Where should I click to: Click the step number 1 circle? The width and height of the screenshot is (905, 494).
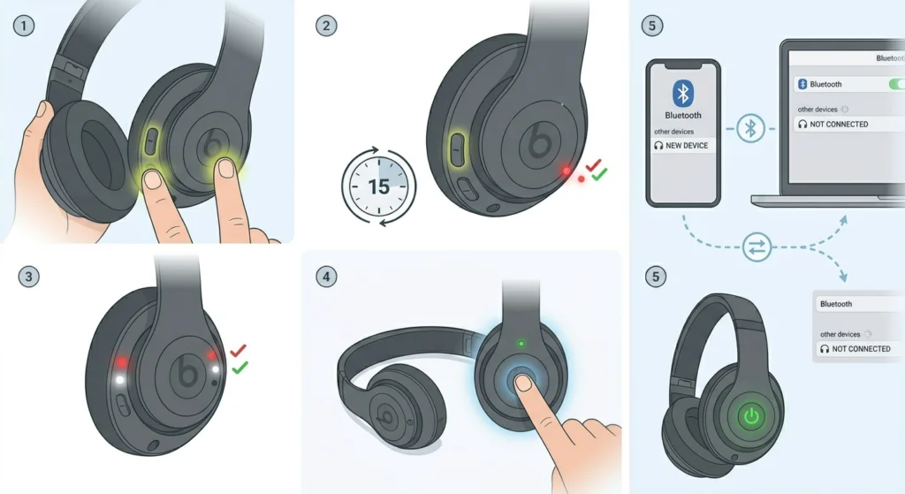click(x=24, y=26)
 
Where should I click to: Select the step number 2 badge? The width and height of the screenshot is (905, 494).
click(x=326, y=26)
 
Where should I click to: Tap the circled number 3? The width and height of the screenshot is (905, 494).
click(x=29, y=277)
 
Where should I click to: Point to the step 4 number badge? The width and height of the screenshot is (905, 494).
click(x=326, y=277)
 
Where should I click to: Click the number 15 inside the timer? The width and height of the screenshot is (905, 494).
click(x=378, y=187)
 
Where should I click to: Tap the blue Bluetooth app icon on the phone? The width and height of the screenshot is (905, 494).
click(x=683, y=92)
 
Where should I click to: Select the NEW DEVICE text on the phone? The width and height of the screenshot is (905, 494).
click(x=687, y=146)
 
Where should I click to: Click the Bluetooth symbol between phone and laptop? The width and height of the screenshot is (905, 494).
click(x=750, y=128)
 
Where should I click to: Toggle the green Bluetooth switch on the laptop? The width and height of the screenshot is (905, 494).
click(x=896, y=84)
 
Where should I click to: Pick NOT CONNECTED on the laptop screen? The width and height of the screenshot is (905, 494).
click(x=839, y=124)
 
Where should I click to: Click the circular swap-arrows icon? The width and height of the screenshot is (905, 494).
click(x=757, y=247)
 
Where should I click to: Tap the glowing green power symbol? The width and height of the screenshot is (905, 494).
click(x=751, y=415)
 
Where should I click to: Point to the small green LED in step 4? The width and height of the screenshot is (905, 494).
click(x=521, y=344)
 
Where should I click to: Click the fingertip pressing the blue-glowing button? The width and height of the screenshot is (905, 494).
click(x=524, y=383)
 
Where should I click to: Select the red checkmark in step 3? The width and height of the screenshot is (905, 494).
click(x=238, y=350)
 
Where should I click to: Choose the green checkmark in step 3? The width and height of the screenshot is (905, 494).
click(x=240, y=367)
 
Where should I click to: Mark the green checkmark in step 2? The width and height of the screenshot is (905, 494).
click(x=600, y=174)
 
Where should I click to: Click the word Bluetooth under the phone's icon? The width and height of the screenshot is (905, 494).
click(x=683, y=116)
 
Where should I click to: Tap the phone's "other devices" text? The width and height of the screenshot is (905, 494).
click(x=673, y=132)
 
